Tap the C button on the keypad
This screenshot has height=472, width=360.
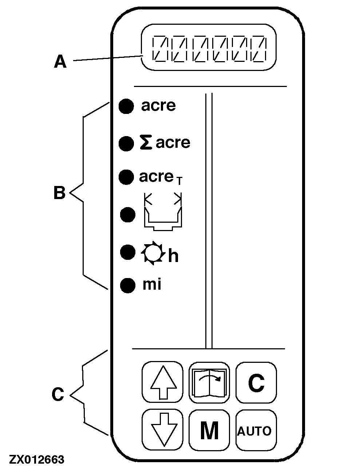point(256,382)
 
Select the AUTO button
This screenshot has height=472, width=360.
point(254,431)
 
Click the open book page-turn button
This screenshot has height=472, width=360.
point(209,382)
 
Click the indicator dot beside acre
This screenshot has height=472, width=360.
point(126,106)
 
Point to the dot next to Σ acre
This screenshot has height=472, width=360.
point(126,143)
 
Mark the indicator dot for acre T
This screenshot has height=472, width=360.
point(126,177)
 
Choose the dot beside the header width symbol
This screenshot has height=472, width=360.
point(127,214)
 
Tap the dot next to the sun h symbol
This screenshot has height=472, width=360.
point(127,252)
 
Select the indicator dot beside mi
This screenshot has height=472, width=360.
point(127,285)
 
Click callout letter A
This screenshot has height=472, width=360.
point(60,62)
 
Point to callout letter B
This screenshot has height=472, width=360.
point(59,193)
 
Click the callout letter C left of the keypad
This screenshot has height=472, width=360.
point(58,394)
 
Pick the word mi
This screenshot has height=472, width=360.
point(152,284)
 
